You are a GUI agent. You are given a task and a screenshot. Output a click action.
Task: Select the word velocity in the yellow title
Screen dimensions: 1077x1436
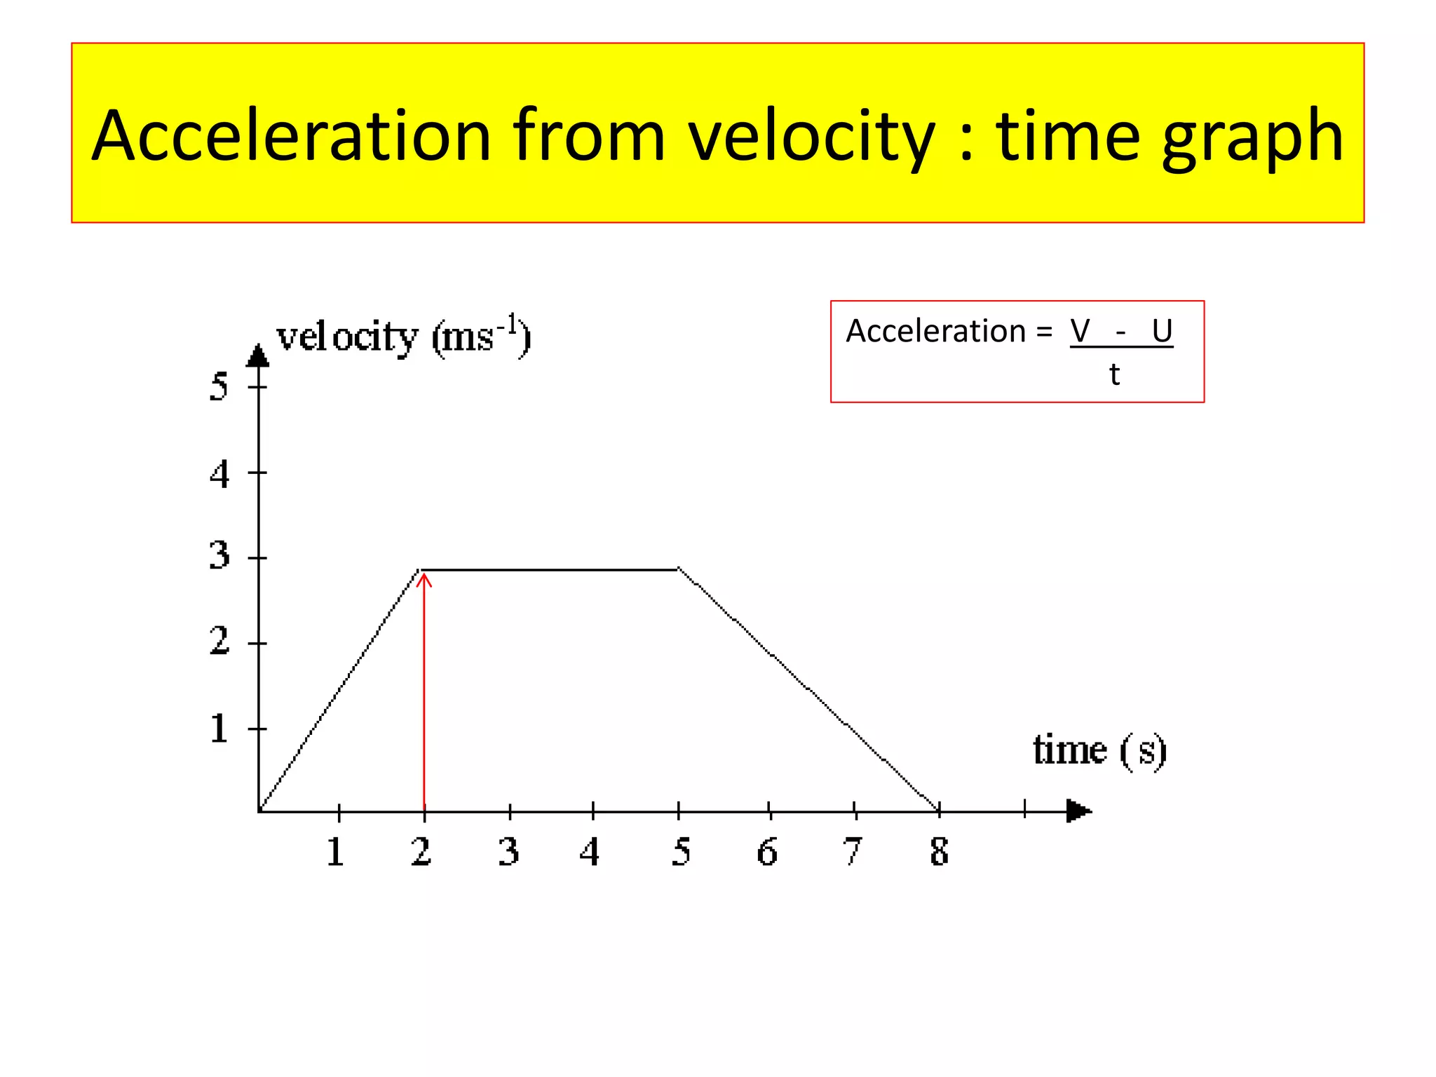[x=811, y=137]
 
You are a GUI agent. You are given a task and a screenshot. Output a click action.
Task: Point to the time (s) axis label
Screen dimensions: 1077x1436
[x=1099, y=750]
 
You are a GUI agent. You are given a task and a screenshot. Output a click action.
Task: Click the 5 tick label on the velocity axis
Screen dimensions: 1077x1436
[x=219, y=386]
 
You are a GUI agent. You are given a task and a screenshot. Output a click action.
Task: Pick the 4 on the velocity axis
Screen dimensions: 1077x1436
[x=219, y=474]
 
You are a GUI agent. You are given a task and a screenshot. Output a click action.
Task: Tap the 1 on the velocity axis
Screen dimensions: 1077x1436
[x=219, y=729]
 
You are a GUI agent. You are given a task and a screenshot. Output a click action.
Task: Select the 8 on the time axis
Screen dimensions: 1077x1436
[x=939, y=852]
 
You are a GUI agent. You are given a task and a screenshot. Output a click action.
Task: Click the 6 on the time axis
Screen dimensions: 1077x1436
[x=767, y=852]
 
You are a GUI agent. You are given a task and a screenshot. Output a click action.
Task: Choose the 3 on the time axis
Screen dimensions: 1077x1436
[x=508, y=852]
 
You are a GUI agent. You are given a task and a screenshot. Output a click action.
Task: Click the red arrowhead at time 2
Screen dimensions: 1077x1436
[x=424, y=579]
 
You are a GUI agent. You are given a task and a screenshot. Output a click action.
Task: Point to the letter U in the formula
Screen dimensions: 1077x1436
[x=1162, y=331]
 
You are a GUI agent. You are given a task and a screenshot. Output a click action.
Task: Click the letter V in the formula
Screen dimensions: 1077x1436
[x=1080, y=331]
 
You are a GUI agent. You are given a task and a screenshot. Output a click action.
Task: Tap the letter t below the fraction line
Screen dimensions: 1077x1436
[x=1114, y=374]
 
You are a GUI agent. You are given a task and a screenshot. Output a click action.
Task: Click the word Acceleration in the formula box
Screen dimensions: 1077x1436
[x=935, y=331]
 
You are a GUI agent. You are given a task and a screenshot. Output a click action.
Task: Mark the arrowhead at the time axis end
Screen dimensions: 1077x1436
[x=1078, y=811]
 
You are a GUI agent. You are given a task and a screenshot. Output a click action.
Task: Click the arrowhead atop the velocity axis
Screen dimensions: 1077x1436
[x=258, y=355]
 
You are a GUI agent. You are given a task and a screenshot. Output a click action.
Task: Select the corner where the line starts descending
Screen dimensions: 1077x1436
[x=678, y=569]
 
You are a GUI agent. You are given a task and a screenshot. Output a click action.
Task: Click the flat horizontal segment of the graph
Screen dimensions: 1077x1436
[x=550, y=569]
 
